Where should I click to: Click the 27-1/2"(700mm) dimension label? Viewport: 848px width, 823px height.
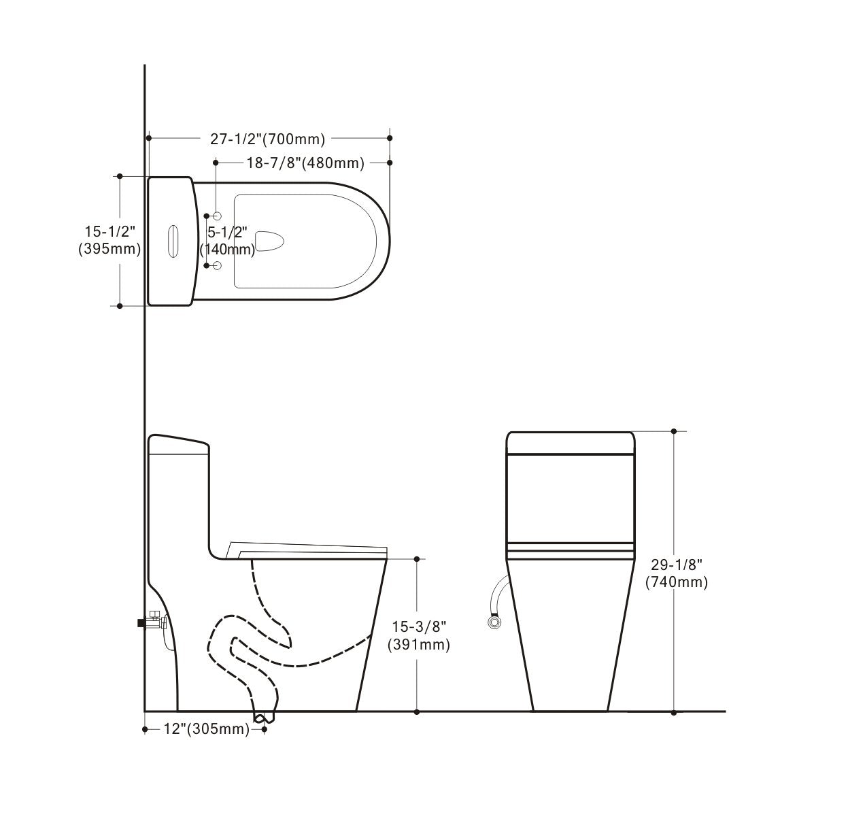267,139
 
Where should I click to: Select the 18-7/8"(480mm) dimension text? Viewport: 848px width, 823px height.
305,163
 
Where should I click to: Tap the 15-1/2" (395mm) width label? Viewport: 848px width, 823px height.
109,240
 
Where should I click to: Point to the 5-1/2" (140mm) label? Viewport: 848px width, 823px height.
228,241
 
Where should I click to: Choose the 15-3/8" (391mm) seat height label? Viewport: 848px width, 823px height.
418,635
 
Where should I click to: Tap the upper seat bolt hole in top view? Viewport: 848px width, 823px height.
218,216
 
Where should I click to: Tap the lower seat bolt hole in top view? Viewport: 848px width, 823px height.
218,265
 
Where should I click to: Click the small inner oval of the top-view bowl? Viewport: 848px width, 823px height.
270,240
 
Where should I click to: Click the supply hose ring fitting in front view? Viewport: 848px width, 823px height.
493,621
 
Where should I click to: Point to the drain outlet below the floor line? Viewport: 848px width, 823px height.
263,716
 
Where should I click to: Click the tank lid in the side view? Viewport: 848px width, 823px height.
178,443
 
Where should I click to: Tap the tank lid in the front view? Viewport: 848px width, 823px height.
571,442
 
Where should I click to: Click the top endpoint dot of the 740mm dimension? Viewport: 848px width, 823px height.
674,431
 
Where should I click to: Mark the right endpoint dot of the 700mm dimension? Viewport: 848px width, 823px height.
390,138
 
